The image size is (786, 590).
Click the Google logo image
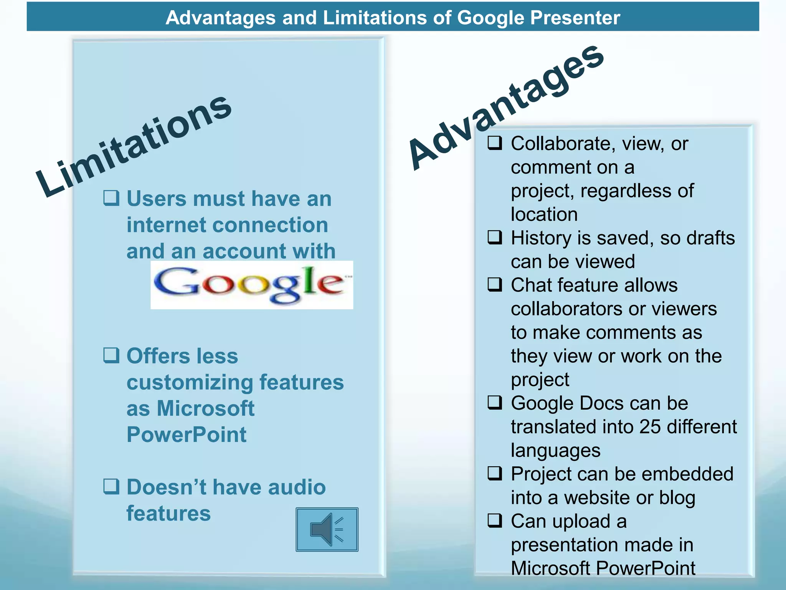tap(251, 285)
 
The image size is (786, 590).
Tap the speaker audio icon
tap(327, 529)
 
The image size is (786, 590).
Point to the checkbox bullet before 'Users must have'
tap(111, 198)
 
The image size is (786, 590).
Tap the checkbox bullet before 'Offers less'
tap(111, 355)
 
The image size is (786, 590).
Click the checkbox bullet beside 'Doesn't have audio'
tap(111, 486)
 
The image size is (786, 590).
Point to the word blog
tap(677, 498)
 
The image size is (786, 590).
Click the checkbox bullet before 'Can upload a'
tap(495, 521)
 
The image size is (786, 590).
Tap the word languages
tap(555, 451)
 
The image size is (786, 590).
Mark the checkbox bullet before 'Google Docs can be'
tap(495, 403)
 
